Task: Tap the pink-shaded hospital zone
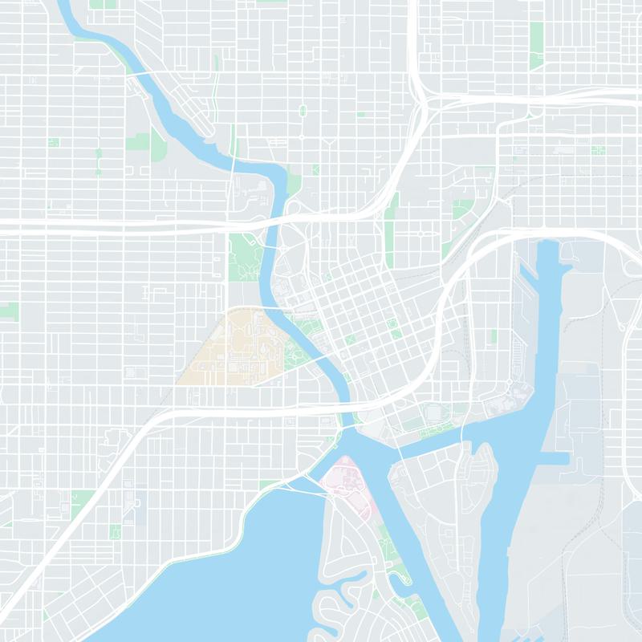pyautogui.click(x=343, y=477)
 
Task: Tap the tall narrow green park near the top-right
pyautogui.click(x=536, y=36)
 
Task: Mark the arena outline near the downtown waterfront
pyautogui.click(x=433, y=412)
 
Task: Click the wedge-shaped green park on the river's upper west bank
pyautogui.click(x=157, y=144)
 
